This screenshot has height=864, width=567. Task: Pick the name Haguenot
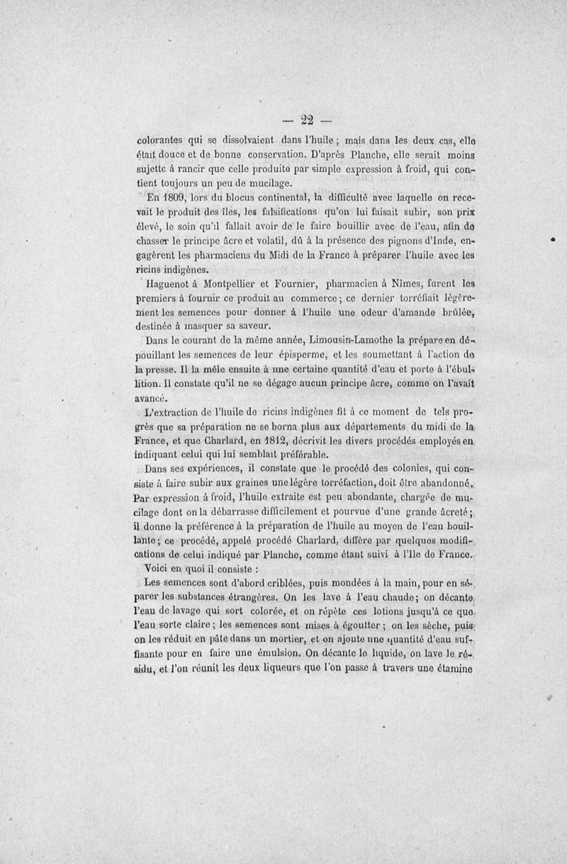coord(172,285)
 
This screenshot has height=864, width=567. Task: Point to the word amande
coord(391,313)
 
